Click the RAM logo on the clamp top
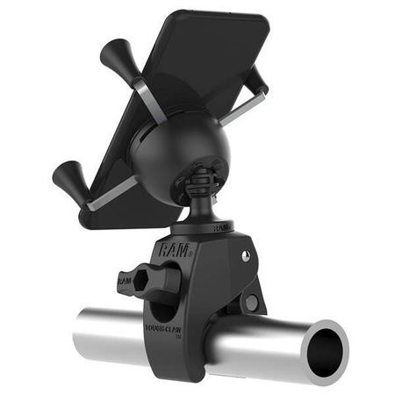[172, 249]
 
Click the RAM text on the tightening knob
[125, 279]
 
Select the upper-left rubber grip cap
[115, 59]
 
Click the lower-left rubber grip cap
[68, 181]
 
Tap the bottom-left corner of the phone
[83, 214]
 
